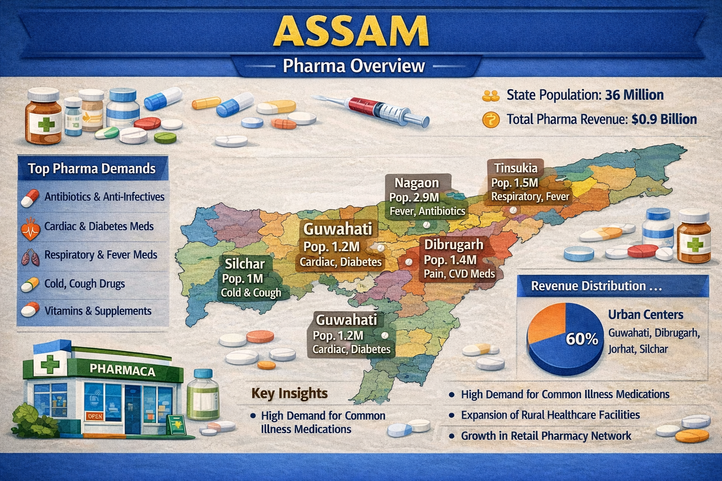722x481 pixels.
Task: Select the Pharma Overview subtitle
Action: pos(353,66)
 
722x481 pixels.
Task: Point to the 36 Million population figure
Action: pos(634,95)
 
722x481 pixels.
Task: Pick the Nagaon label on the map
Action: pos(416,183)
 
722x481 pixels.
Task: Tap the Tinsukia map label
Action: pos(515,168)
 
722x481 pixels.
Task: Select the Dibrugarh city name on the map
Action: pos(454,245)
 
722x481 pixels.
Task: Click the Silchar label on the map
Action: pos(244,264)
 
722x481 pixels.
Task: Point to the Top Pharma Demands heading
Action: pos(92,169)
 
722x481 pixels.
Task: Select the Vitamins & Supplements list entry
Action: pos(98,311)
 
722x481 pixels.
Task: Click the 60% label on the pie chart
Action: pos(582,339)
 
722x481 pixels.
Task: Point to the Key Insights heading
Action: pos(289,393)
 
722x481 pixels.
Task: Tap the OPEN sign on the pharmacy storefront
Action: pos(94,416)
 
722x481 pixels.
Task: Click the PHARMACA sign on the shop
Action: pos(122,370)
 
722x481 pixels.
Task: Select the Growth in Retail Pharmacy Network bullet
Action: pos(546,436)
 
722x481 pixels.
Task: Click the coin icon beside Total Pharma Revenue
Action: pos(490,120)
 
